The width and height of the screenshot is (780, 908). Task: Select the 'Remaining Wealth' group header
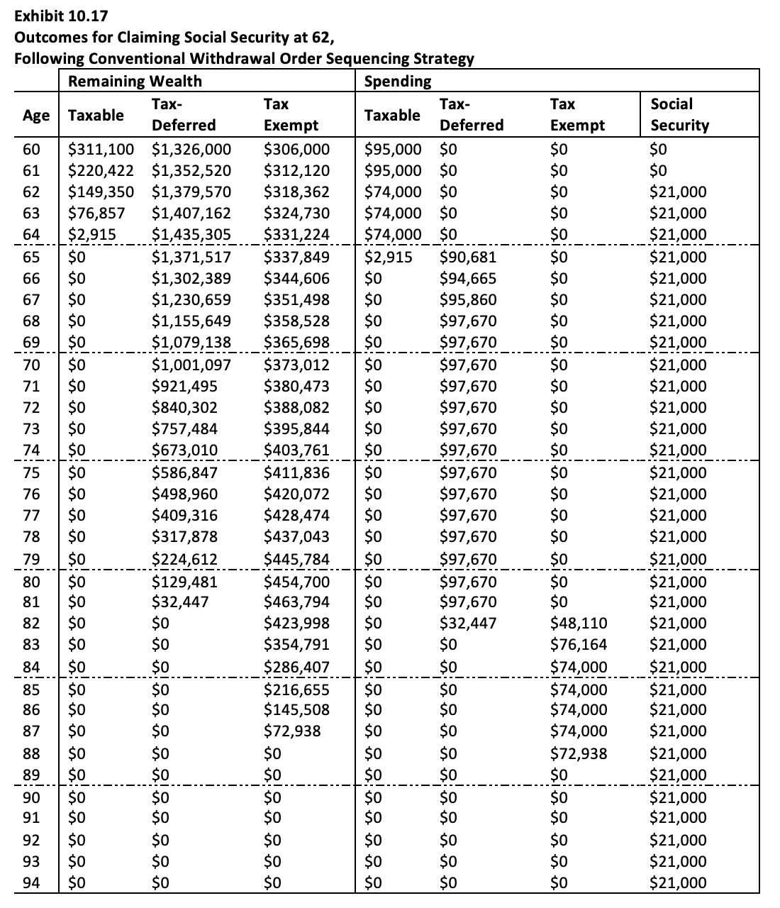tap(135, 81)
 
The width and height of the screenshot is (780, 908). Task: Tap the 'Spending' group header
tap(397, 81)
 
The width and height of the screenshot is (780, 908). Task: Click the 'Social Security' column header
tap(679, 114)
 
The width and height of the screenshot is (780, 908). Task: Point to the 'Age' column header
tap(36, 115)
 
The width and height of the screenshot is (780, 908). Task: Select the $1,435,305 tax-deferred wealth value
tap(191, 235)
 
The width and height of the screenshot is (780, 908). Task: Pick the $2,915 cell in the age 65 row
tap(388, 257)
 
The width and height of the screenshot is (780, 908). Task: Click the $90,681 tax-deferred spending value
tap(468, 257)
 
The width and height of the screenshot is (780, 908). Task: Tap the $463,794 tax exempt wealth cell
tap(296, 602)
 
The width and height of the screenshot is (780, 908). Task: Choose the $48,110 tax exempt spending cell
tap(578, 624)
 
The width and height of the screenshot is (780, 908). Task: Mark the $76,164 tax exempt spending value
tap(578, 645)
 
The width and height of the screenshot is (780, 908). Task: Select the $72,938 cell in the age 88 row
tap(578, 753)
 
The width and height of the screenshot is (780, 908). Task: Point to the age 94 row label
tap(31, 883)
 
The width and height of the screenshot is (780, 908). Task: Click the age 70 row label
tap(31, 365)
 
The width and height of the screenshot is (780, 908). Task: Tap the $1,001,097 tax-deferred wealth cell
tap(191, 365)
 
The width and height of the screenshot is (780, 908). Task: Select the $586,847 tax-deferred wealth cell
tap(186, 473)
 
